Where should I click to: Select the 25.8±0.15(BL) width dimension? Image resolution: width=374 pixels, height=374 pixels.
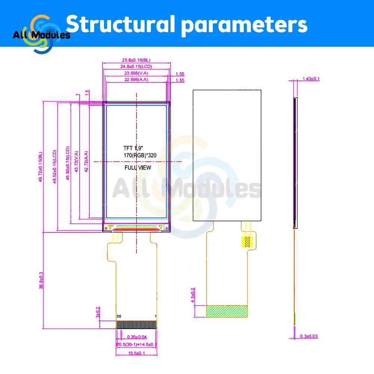coord(136,60)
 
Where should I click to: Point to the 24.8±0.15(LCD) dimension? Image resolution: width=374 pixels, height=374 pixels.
coord(136,67)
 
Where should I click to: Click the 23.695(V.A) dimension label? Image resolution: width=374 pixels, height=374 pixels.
coord(137,74)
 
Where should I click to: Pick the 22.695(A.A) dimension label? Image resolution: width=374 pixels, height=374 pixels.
coord(137,80)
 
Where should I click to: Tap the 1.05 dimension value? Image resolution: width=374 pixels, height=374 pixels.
coord(180,74)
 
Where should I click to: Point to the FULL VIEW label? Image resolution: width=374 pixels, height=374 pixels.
coord(138,168)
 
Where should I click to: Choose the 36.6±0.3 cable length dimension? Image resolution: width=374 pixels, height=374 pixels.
coord(41,280)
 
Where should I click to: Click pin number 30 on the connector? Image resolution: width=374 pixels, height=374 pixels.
coord(119,316)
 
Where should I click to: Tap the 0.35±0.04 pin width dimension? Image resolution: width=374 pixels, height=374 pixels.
coord(137,337)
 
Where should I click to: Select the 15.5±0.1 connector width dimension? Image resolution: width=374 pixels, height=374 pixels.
coord(136,353)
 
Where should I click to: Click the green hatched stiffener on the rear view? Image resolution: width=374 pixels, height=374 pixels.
coord(227,311)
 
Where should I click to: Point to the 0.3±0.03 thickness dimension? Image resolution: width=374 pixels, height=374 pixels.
coord(309,336)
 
